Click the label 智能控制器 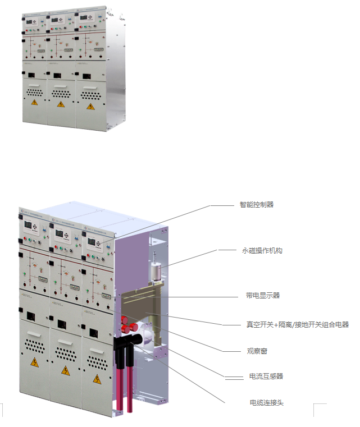[x=256, y=205]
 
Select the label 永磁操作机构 [x=258, y=250]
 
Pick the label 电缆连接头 [x=266, y=402]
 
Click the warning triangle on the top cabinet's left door [x=35, y=103]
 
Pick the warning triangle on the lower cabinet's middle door [x=65, y=370]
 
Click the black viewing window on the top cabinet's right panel [x=86, y=76]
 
